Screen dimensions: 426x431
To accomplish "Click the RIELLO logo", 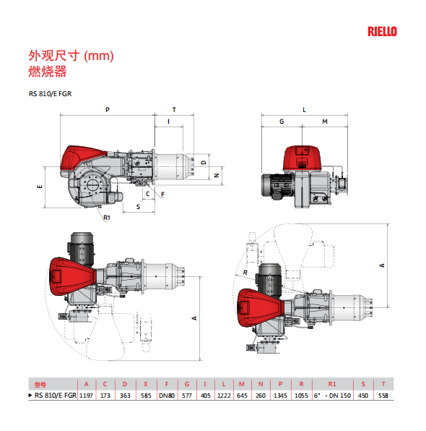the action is coord(382,32).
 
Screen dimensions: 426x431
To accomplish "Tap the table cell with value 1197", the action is coord(86,396).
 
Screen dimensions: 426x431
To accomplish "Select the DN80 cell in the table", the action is coord(167,396).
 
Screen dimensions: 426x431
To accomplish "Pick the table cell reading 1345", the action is coord(280,396).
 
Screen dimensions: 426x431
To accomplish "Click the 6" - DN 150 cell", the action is coord(332,396).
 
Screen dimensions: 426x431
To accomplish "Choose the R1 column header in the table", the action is coord(332,384).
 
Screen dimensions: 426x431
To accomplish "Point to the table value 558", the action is coord(383,396).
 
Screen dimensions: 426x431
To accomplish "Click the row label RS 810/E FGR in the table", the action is coord(56,396).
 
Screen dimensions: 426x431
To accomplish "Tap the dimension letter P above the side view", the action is coord(108,110).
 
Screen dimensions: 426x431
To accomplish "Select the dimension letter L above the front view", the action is coord(304,110).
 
